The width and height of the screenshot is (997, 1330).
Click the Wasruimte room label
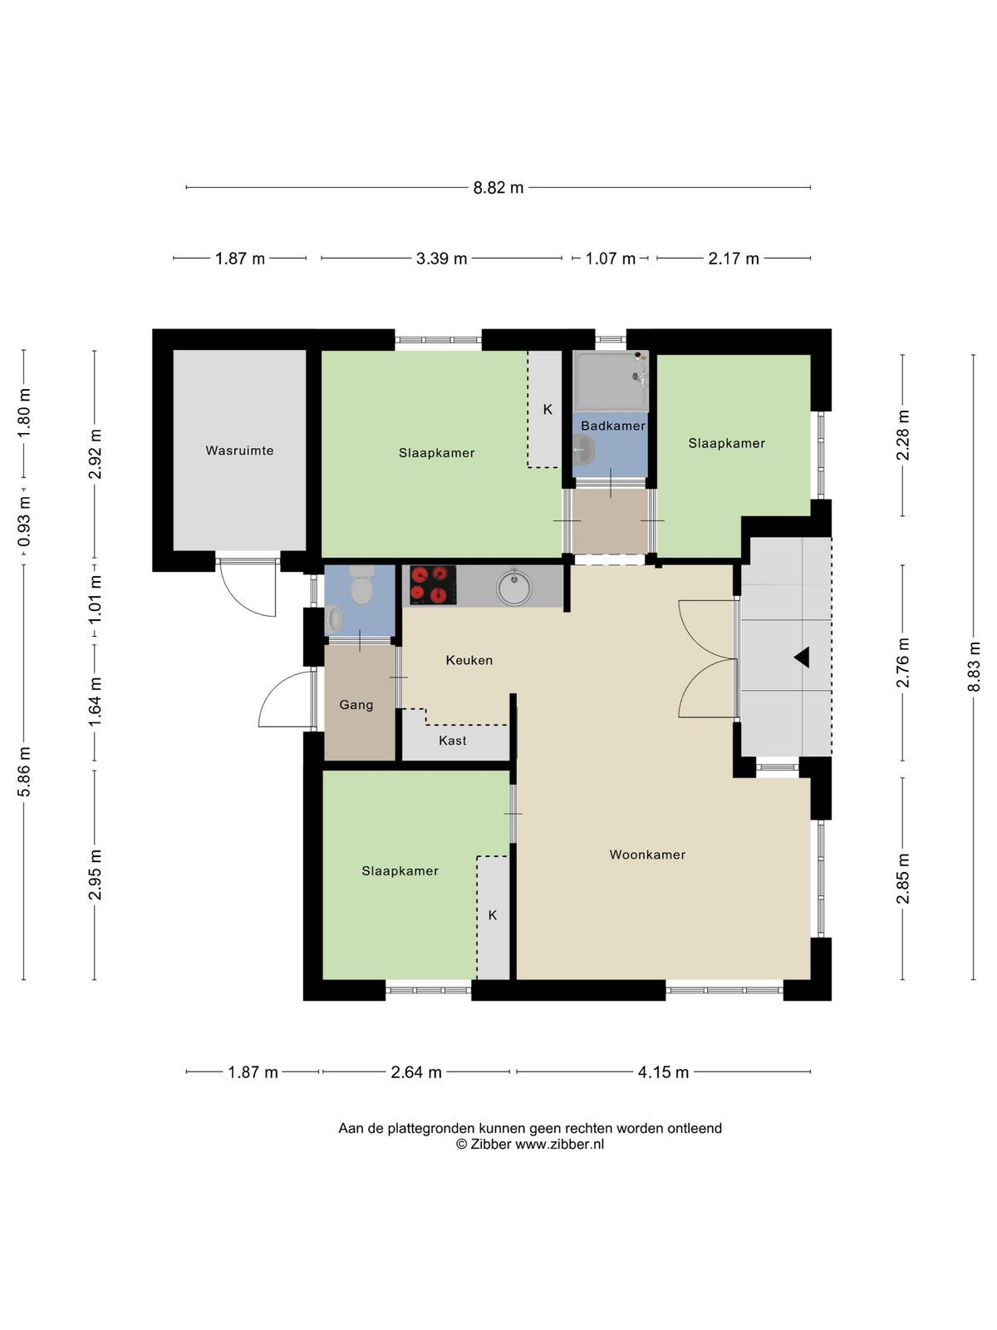tap(239, 451)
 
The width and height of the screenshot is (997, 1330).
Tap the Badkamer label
tap(612, 426)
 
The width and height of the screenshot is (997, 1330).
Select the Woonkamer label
tap(647, 855)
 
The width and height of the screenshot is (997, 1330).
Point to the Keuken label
tap(469, 660)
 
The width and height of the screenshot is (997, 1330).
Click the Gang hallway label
tap(356, 705)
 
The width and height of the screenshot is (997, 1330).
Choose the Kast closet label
tap(453, 741)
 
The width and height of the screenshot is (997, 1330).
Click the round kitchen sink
tap(514, 587)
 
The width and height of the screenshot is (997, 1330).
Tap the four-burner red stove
tap(433, 585)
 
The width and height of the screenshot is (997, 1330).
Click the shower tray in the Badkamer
tap(610, 382)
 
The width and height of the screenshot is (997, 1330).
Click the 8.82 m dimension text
tap(498, 188)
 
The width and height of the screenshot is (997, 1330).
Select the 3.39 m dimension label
tap(441, 259)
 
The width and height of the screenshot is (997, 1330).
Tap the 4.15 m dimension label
tap(663, 1072)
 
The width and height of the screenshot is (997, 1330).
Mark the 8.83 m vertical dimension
tap(973, 666)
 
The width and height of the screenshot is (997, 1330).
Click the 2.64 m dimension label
tap(416, 1072)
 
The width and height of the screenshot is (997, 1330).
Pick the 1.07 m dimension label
tap(610, 259)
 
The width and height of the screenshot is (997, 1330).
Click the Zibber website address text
tap(559, 1145)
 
